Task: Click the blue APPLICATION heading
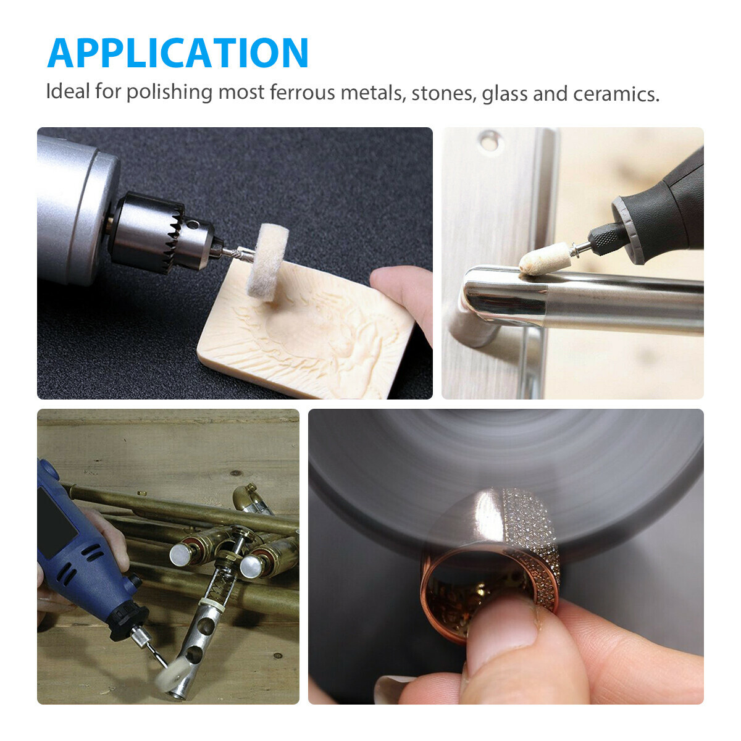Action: (178, 53)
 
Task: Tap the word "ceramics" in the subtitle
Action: (616, 94)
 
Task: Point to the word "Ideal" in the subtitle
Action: (67, 92)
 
